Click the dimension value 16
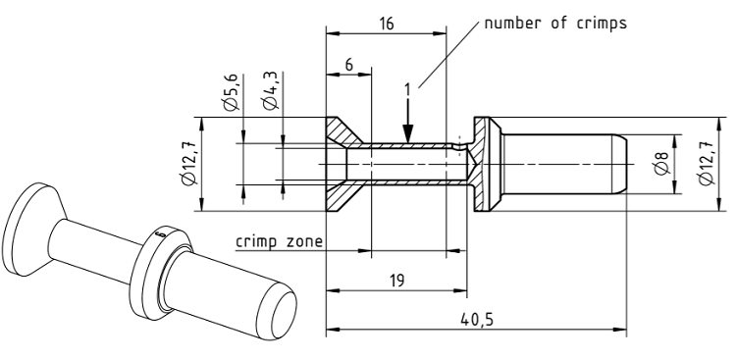387,23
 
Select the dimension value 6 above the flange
348,65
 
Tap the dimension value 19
396,281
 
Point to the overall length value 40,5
476,320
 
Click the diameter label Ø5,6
232,92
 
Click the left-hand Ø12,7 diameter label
189,163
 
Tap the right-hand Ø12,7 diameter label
706,163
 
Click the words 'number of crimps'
555,23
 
